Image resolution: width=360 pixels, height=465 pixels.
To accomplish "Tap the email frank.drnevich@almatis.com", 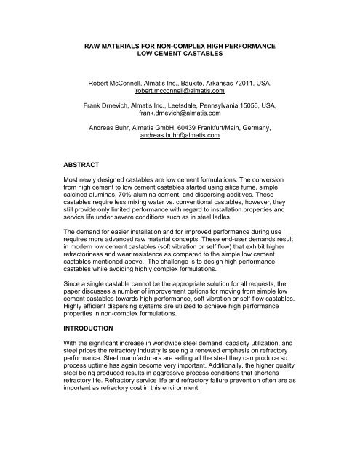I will [180, 115].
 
